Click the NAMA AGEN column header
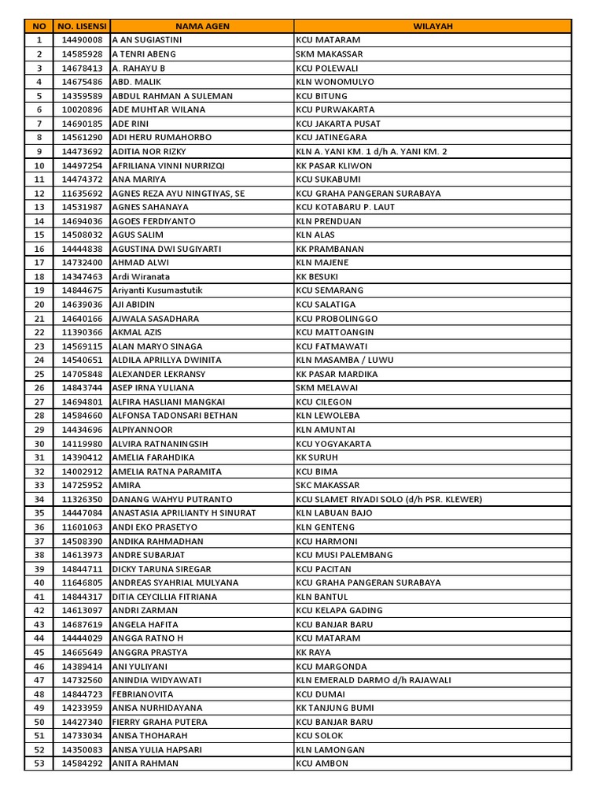202,26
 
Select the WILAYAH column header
433,26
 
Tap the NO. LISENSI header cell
82,26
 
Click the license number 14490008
82,40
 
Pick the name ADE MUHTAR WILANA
158,109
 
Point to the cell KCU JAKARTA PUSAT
337,124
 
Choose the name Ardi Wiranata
141,276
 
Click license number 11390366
82,332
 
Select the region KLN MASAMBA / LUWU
345,360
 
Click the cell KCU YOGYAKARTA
333,443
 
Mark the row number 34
39,499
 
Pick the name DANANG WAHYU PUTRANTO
172,499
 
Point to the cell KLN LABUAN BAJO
334,513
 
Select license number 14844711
82,569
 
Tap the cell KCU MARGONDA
331,666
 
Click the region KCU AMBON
322,763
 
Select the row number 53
39,763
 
